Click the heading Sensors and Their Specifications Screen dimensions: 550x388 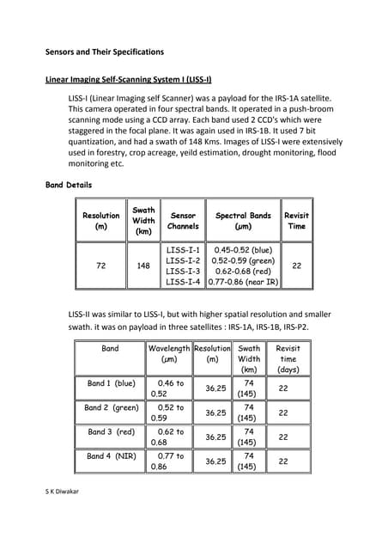pyautogui.click(x=104, y=52)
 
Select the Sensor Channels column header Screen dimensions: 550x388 pyautogui.click(x=183, y=221)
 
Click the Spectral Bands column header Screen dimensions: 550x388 pyautogui.click(x=243, y=221)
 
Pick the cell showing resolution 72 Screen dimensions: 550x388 pyautogui.click(x=100, y=266)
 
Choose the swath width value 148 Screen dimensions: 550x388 pyautogui.click(x=143, y=266)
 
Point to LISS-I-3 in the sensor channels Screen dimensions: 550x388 pyautogui.click(x=183, y=271)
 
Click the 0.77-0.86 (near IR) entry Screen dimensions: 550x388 pyautogui.click(x=243, y=281)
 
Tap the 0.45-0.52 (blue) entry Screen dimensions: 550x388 pyautogui.click(x=243, y=250)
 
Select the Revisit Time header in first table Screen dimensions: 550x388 pyautogui.click(x=296, y=221)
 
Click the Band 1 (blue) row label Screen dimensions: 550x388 pyautogui.click(x=111, y=383)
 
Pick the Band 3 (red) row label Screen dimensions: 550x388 pyautogui.click(x=111, y=431)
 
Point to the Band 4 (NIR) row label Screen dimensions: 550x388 pyautogui.click(x=111, y=456)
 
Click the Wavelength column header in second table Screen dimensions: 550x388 pyautogui.click(x=168, y=349)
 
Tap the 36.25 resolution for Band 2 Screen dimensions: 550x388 pyautogui.click(x=215, y=412)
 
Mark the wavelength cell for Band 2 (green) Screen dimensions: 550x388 pyautogui.click(x=168, y=412)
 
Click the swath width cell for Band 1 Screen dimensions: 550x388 pyautogui.click(x=248, y=388)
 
